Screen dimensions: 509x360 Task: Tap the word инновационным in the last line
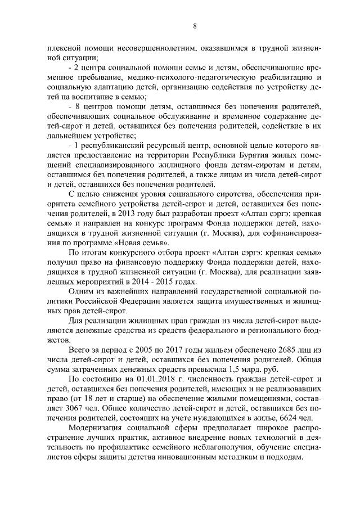point(190,456)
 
